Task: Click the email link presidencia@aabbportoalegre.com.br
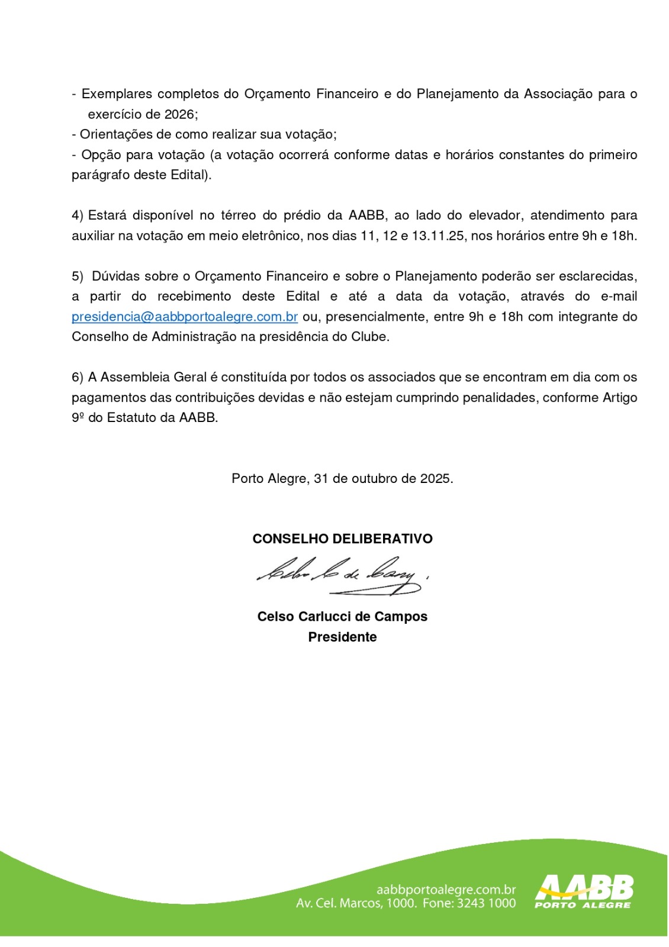[x=184, y=317]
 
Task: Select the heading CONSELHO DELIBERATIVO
[x=342, y=539]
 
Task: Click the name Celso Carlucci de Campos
[x=342, y=617]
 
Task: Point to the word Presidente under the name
[x=342, y=637]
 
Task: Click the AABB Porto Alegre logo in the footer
[x=584, y=891]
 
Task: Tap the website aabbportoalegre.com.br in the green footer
[x=446, y=890]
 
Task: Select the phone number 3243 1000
[x=486, y=904]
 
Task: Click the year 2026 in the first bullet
[x=179, y=114]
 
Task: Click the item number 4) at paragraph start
[x=78, y=215]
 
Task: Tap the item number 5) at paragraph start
[x=78, y=276]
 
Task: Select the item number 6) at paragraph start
[x=78, y=378]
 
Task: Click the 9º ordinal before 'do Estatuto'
[x=78, y=418]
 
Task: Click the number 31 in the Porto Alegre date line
[x=321, y=479]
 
